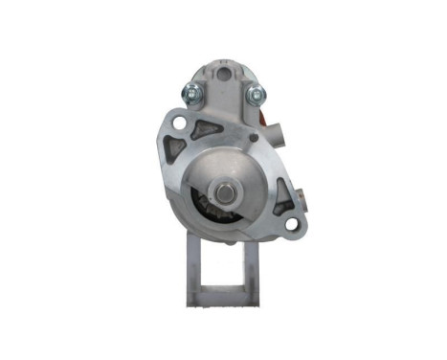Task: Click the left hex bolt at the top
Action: click(190, 93)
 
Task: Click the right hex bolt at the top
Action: click(256, 96)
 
